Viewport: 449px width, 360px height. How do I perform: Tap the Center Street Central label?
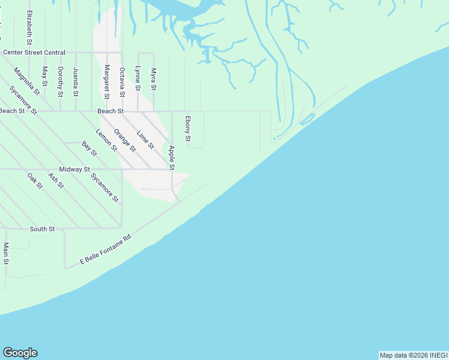[34, 53]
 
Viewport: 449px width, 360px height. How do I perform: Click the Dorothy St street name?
[60, 81]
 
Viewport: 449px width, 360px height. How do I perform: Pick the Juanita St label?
[76, 81]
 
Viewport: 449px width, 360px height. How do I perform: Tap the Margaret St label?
[107, 82]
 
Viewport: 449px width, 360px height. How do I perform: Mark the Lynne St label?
[137, 79]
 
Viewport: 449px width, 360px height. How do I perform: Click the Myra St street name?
[153, 79]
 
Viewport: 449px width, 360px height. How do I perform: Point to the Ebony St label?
[188, 130]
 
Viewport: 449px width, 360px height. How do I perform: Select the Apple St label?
[172, 157]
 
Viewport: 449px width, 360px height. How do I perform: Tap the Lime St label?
[146, 140]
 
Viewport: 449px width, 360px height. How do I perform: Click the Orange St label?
[125, 140]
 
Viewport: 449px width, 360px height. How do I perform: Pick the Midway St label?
[74, 170]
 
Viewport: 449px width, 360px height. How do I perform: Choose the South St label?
[42, 229]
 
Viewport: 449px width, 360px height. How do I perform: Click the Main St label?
[5, 253]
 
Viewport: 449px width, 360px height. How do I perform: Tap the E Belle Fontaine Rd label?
[106, 250]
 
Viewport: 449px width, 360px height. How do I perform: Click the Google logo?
[20, 353]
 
